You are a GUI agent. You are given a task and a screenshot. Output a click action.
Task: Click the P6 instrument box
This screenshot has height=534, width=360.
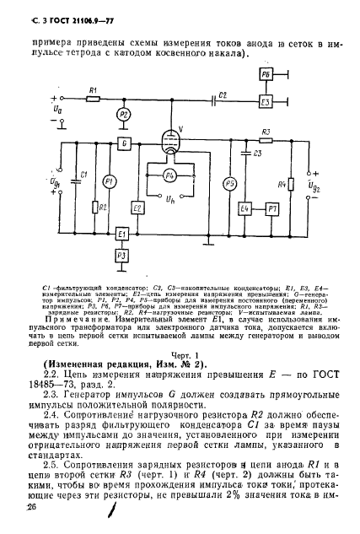[x=265, y=75]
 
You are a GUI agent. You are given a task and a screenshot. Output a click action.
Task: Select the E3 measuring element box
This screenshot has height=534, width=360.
[x=265, y=102]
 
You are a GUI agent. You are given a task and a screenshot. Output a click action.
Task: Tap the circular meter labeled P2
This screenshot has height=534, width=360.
[x=124, y=115]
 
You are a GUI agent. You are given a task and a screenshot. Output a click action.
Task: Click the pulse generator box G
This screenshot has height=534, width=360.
[x=125, y=143]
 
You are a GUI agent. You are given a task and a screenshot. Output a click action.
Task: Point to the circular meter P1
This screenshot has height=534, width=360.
[x=108, y=182]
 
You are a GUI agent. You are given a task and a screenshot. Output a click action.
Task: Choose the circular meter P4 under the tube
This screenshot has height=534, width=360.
[x=170, y=175]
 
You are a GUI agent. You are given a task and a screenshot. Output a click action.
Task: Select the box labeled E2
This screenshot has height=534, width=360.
[x=137, y=208]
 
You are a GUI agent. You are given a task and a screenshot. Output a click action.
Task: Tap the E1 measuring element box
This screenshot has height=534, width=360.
[x=121, y=234]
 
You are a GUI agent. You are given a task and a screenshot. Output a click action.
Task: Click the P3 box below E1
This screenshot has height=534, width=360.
[x=121, y=254]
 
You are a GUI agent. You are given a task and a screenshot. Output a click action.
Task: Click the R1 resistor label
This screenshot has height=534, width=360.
[x=94, y=90]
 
